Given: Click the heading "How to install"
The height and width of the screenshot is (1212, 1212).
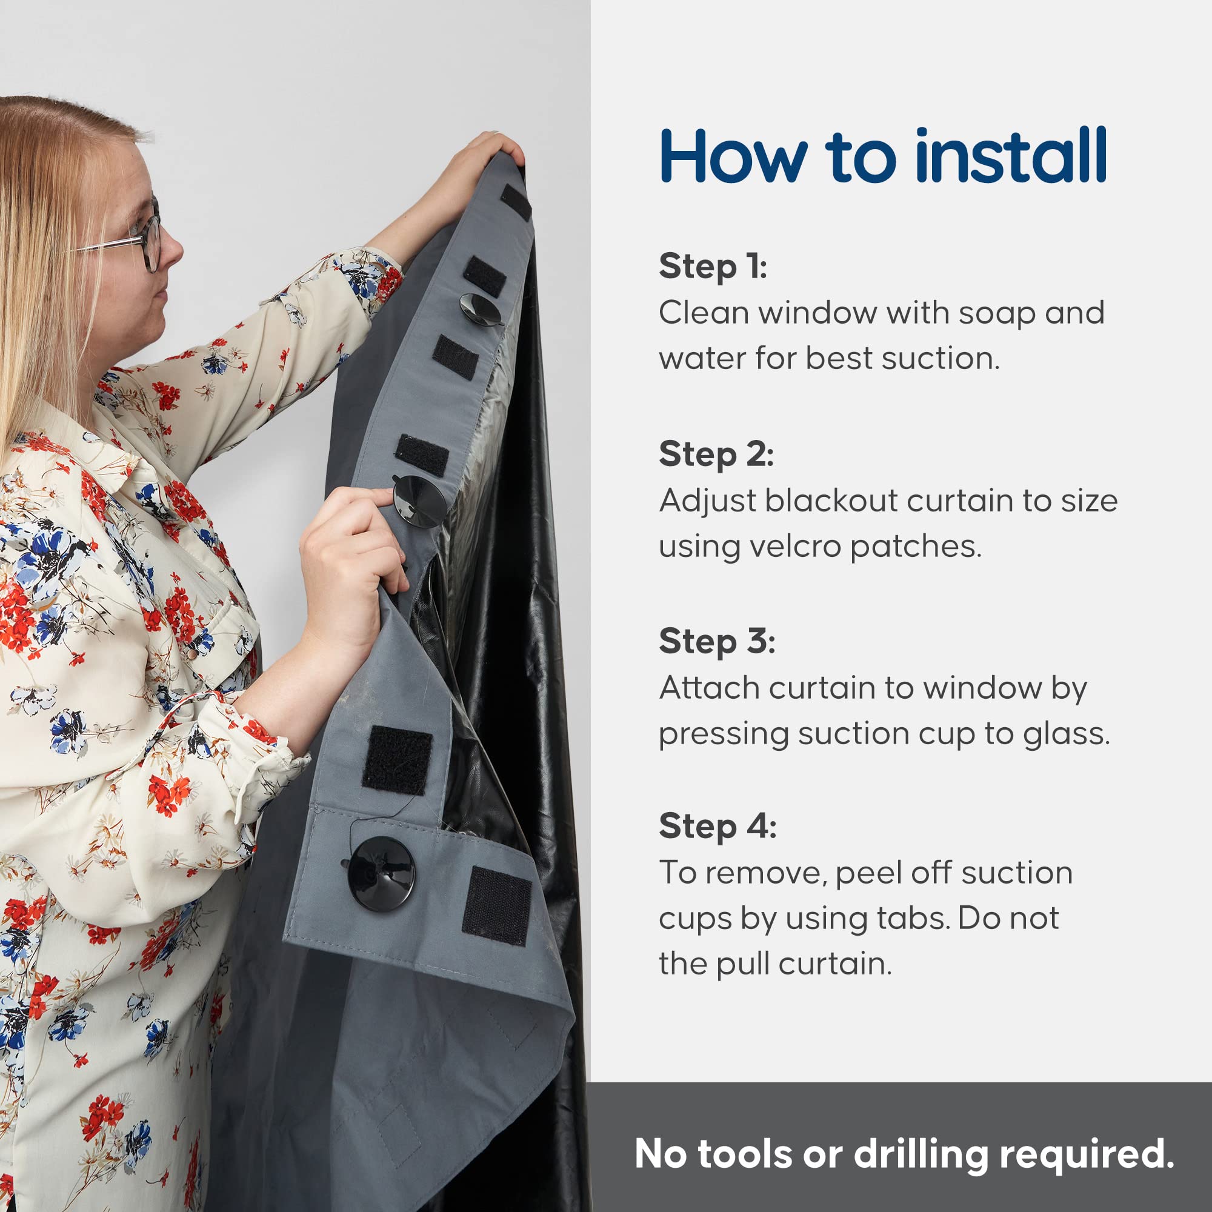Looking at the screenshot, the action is pyautogui.click(x=884, y=156).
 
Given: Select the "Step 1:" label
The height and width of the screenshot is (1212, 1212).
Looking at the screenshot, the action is pyautogui.click(x=713, y=267).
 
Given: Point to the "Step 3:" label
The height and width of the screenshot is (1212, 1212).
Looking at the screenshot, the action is pyautogui.click(x=717, y=642).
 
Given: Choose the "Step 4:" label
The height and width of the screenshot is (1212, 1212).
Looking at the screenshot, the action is pyautogui.click(x=718, y=826).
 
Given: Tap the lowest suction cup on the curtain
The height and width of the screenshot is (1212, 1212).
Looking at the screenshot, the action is pyautogui.click(x=381, y=873).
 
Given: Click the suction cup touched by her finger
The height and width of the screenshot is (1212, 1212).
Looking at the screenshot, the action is pyautogui.click(x=419, y=501).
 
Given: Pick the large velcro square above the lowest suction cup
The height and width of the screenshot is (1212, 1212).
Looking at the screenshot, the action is pyautogui.click(x=396, y=761).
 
